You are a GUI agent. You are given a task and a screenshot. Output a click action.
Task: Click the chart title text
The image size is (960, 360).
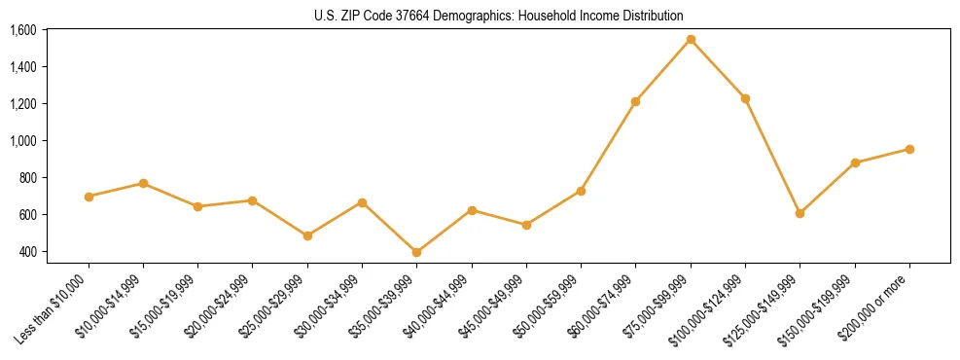click(x=498, y=16)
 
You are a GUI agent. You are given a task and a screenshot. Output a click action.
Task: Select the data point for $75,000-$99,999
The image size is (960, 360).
click(x=691, y=40)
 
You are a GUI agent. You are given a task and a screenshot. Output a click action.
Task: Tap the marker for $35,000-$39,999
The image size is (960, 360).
click(x=417, y=252)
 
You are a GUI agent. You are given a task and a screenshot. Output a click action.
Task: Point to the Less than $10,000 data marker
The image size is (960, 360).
click(x=89, y=197)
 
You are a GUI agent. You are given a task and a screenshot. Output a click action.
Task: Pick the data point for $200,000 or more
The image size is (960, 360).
click(x=909, y=149)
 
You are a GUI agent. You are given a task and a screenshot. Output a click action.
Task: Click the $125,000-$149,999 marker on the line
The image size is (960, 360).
click(x=800, y=213)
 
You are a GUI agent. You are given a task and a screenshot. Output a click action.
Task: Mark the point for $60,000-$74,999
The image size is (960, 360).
click(x=636, y=101)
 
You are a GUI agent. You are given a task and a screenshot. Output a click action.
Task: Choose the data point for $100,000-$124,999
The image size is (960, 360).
click(x=745, y=98)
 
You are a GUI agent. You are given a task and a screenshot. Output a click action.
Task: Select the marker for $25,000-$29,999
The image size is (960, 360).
click(x=307, y=235)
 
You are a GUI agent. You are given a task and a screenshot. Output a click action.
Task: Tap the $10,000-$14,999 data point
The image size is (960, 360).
click(x=143, y=183)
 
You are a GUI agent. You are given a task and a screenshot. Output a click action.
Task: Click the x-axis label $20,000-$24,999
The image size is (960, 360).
click(x=218, y=310)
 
